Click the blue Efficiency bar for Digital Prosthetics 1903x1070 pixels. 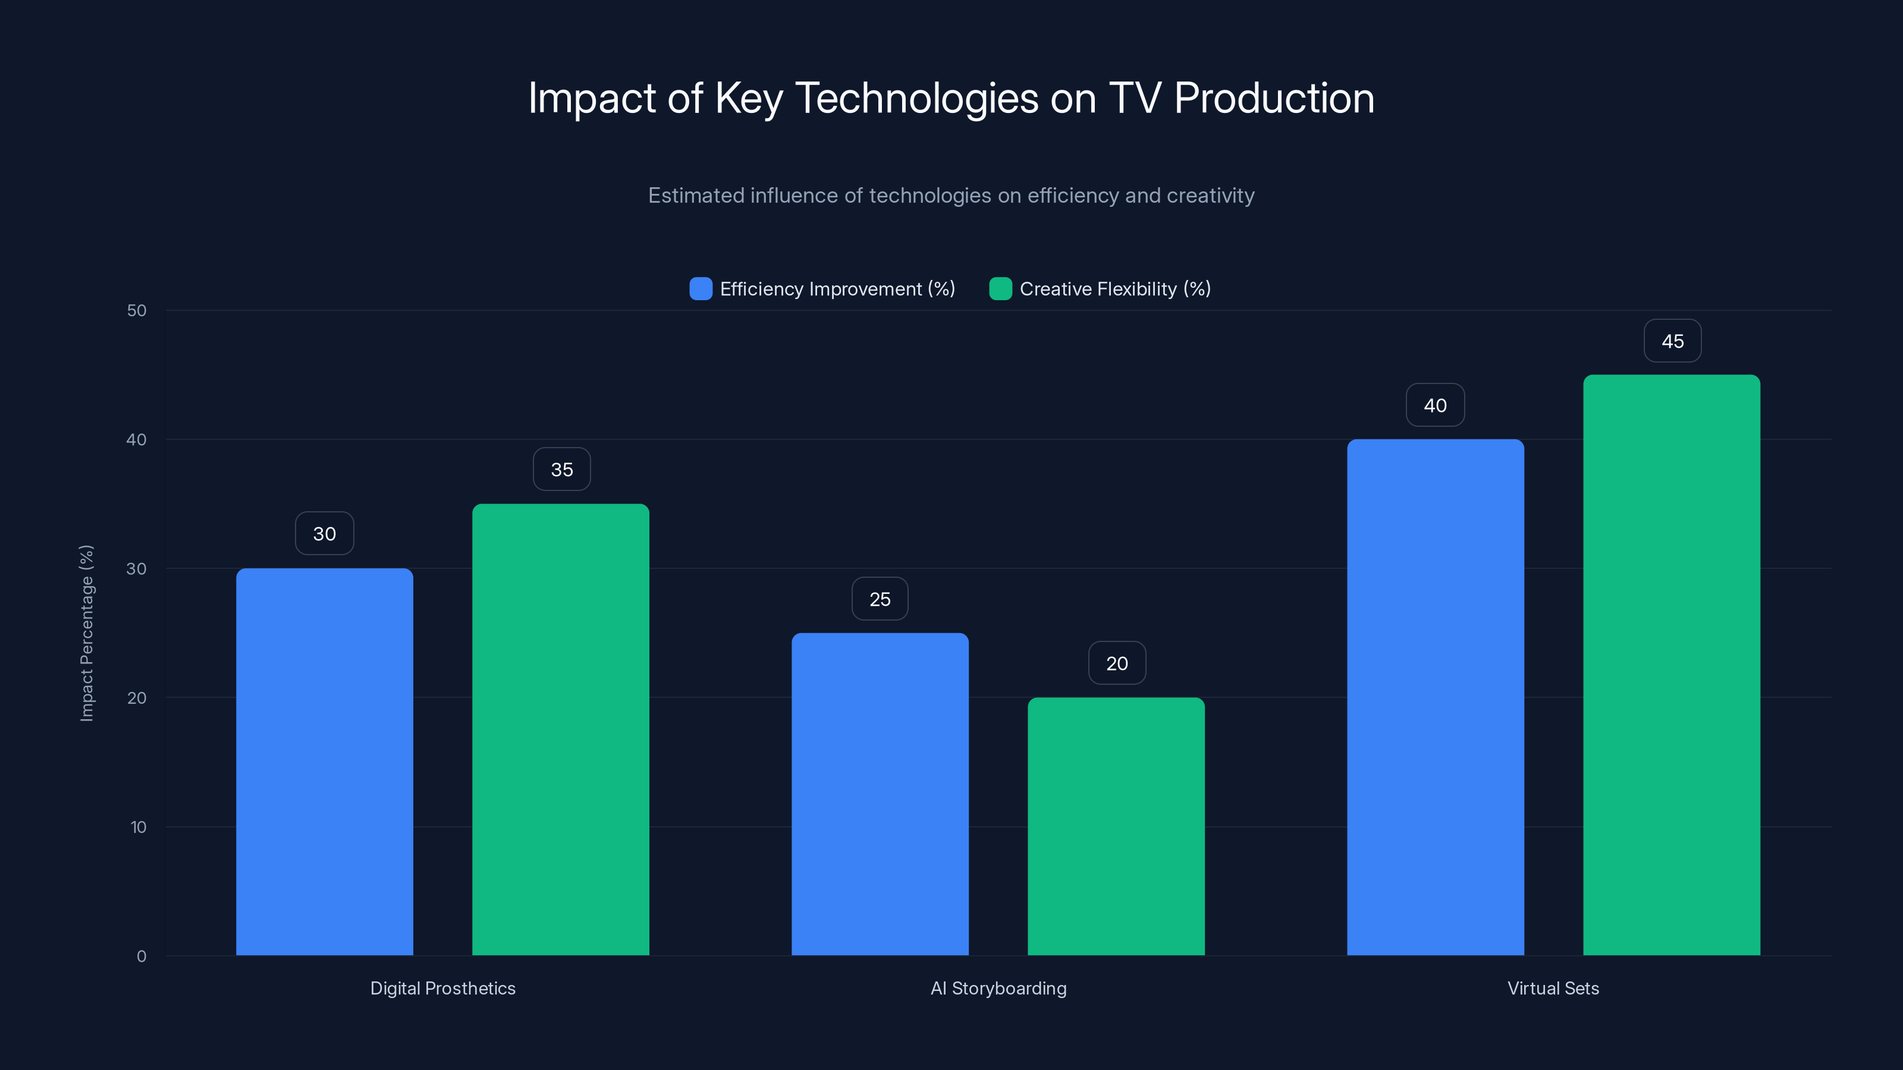tap(324, 761)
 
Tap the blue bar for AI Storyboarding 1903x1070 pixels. tap(880, 794)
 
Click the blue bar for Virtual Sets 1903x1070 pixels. tap(1436, 697)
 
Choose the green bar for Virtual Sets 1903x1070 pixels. tap(1672, 665)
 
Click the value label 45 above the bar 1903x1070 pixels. tap(1672, 341)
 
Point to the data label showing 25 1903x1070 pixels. tap(880, 599)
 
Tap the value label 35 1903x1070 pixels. tap(561, 470)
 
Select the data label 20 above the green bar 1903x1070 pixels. tap(1117, 663)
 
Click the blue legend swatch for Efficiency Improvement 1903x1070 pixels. tap(701, 289)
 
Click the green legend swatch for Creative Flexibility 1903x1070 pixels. tap(1000, 289)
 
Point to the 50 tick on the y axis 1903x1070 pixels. tap(137, 310)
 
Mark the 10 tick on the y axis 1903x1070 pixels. tap(138, 827)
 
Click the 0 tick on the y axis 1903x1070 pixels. tap(141, 956)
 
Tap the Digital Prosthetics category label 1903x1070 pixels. tap(442, 988)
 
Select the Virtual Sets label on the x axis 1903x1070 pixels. tap(1553, 988)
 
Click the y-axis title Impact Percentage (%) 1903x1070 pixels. tap(86, 633)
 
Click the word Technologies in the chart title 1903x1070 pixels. tap(916, 98)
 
